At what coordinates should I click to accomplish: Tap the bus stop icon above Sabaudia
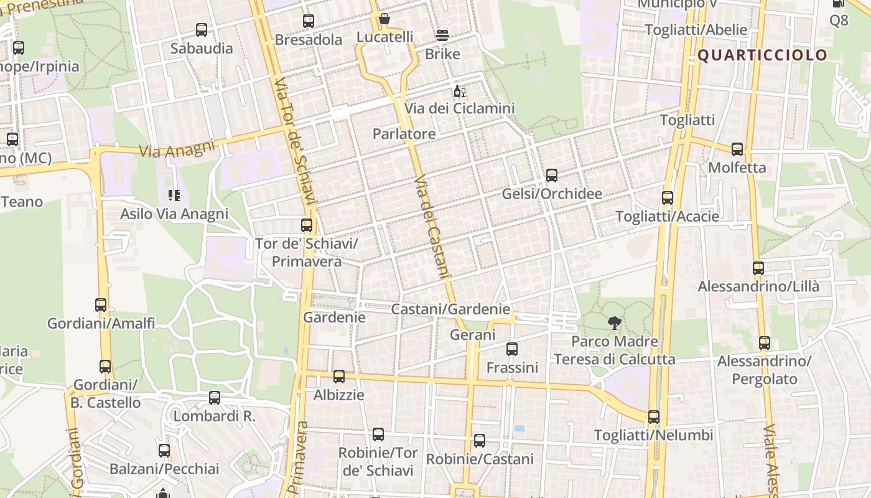202,29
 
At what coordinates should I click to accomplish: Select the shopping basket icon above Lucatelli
384,19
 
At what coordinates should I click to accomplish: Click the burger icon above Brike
442,35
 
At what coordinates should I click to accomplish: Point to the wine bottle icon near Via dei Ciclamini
459,92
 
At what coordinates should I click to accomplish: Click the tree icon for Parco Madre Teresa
615,322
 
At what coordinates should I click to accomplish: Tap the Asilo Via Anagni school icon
174,195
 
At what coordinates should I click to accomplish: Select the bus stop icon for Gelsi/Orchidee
552,176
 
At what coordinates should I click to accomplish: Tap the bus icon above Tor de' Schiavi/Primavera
307,225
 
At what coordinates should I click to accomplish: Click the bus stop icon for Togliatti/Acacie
668,198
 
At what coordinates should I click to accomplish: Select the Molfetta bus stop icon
737,149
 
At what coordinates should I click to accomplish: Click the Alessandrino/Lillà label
758,286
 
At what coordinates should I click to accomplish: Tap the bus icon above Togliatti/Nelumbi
654,416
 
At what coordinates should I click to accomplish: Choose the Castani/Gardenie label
450,309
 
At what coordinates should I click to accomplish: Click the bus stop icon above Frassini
512,349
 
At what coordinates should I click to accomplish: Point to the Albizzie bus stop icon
339,376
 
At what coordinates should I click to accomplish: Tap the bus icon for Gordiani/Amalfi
101,305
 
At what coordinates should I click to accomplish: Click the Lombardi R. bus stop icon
215,397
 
